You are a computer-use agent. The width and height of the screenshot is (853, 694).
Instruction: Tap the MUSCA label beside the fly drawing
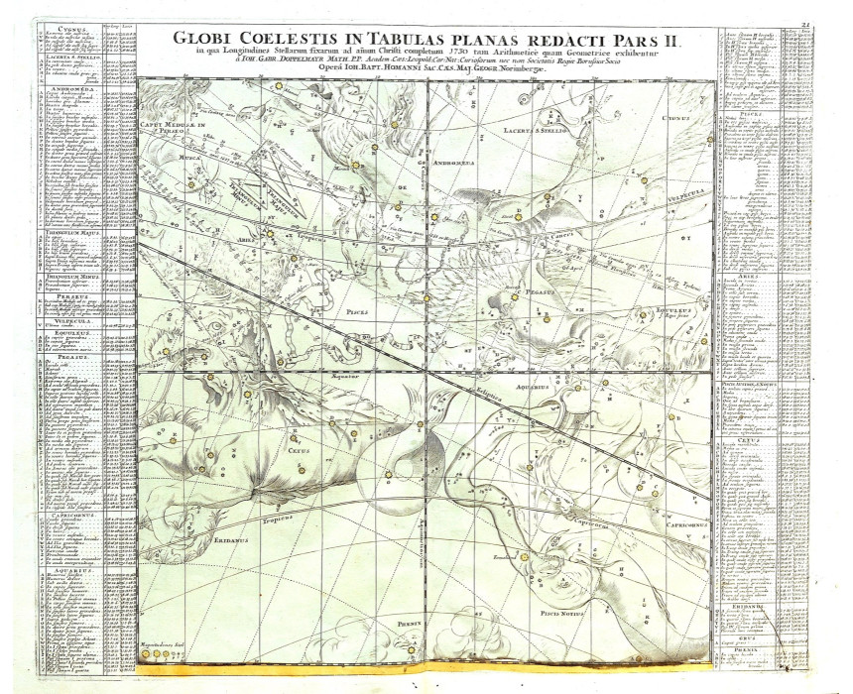(183, 156)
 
